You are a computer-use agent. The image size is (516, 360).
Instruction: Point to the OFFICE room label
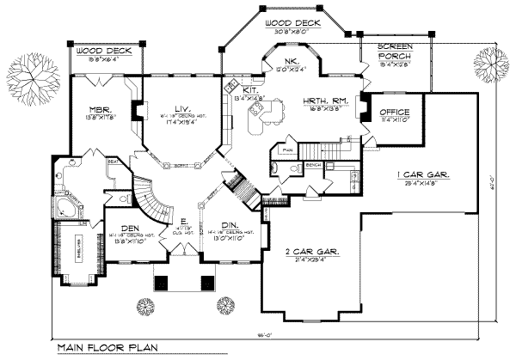pyautogui.click(x=394, y=113)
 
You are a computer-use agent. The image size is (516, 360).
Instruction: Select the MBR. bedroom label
pyautogui.click(x=96, y=109)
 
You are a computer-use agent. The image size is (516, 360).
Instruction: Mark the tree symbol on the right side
pyautogui.click(x=490, y=66)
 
